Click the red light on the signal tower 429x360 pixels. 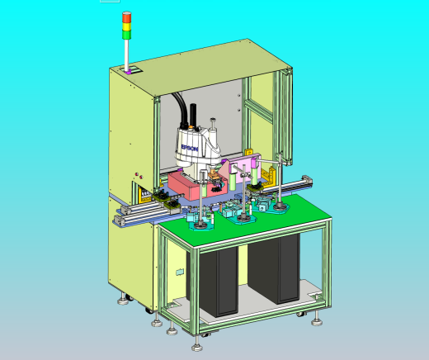[x=127, y=17]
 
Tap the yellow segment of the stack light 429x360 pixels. [x=127, y=27]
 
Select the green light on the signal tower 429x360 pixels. [x=127, y=35]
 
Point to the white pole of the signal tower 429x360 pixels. [x=127, y=54]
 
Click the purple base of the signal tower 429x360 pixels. [x=128, y=72]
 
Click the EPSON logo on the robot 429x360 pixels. [x=190, y=148]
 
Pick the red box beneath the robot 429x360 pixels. [x=197, y=185]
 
